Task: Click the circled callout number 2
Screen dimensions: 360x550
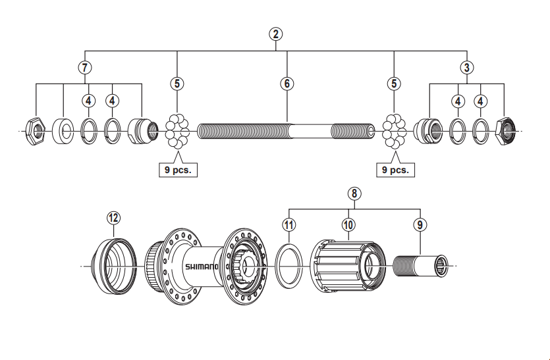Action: [276, 34]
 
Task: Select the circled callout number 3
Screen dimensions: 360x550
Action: [466, 66]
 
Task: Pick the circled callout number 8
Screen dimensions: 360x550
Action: [354, 193]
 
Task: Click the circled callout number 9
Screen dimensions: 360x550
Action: [420, 224]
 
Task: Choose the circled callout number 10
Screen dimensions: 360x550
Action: [348, 224]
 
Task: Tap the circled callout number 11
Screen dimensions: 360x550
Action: [288, 224]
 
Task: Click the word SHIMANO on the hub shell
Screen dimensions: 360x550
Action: [201, 267]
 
